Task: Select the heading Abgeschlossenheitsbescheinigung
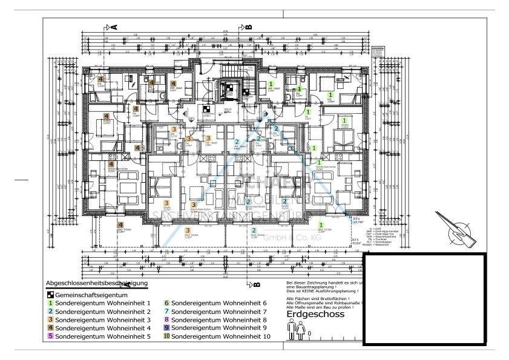pos(96,283)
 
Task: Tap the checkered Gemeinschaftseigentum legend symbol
pos(50,293)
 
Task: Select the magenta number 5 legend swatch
pos(50,336)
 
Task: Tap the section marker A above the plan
pos(113,27)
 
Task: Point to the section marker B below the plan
pos(255,283)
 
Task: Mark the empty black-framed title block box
pos(424,299)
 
